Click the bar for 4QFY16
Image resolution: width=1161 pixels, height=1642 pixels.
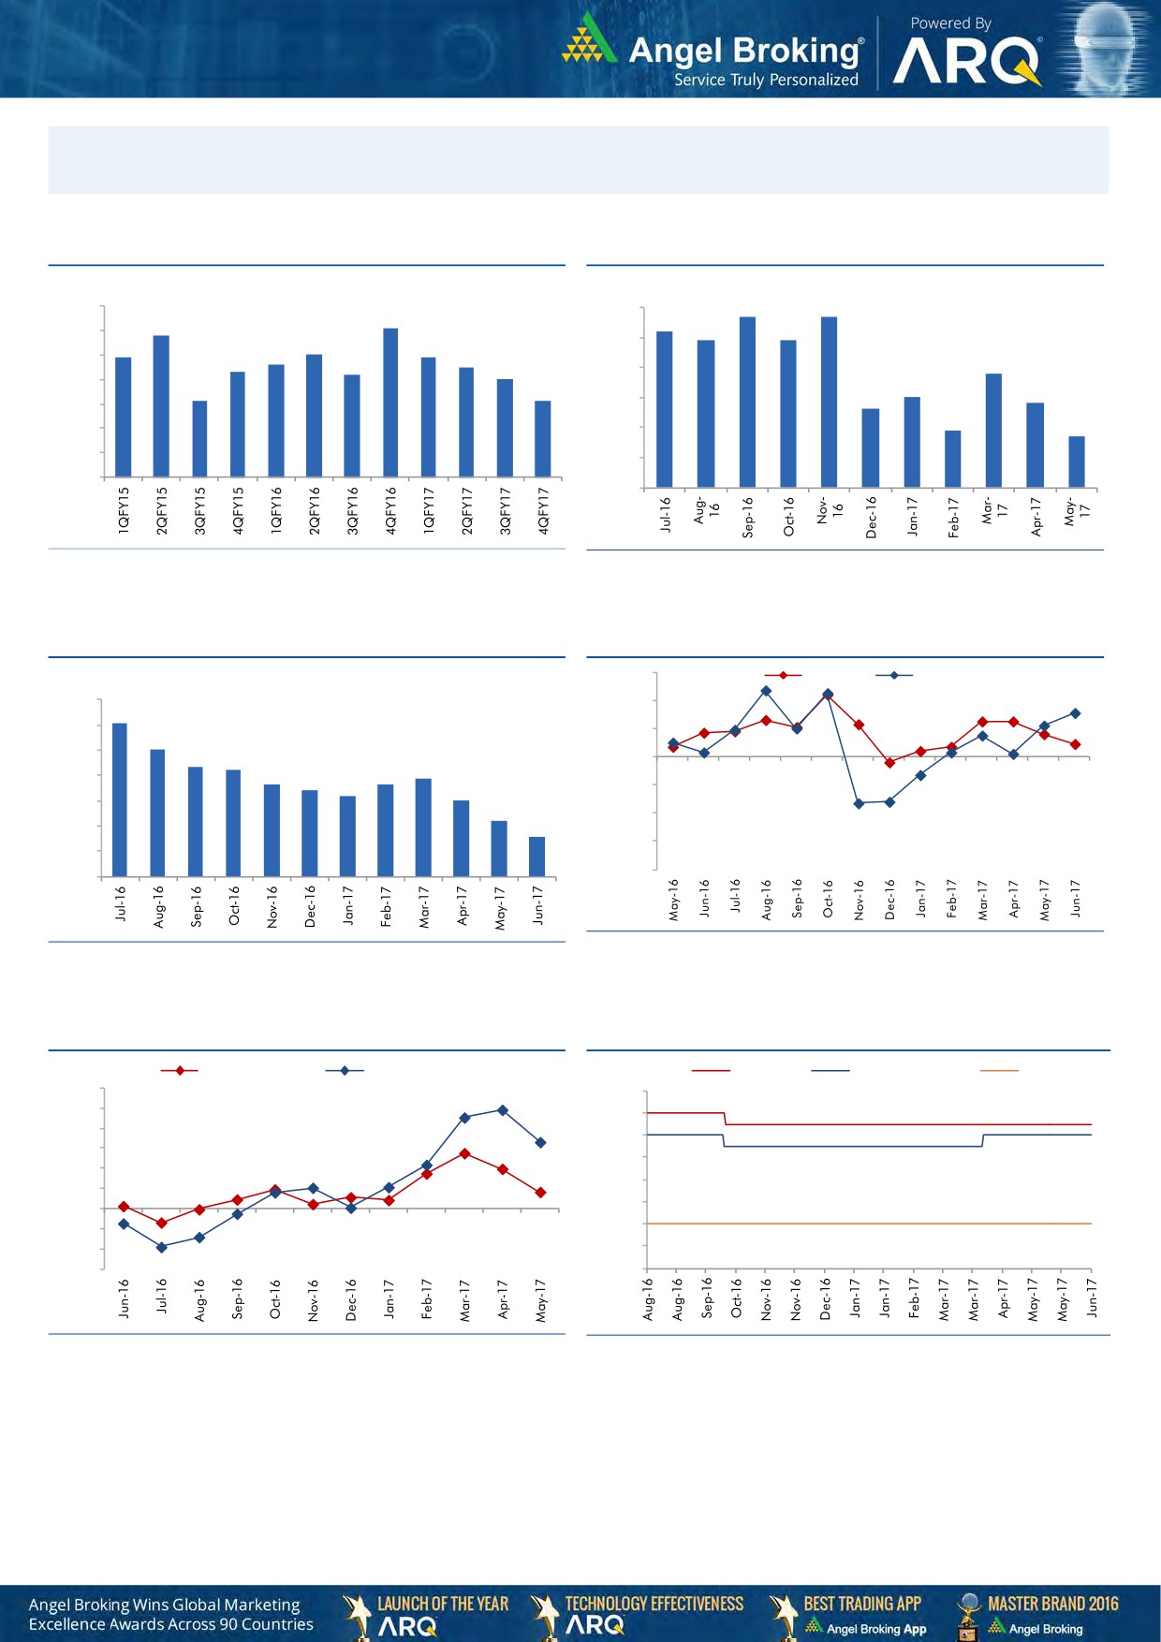click(390, 403)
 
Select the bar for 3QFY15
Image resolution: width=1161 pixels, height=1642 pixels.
click(199, 439)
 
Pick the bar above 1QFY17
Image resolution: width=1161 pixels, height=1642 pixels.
click(429, 417)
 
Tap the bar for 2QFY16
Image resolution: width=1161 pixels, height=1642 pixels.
click(315, 416)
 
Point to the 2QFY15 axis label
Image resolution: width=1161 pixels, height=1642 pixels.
click(162, 510)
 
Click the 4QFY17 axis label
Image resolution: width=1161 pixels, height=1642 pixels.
click(544, 510)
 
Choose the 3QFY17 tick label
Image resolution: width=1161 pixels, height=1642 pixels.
click(506, 510)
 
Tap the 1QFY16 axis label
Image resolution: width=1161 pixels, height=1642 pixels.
click(276, 510)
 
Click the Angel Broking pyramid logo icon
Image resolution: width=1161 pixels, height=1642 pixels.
click(589, 39)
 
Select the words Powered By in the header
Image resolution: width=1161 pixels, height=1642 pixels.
click(950, 23)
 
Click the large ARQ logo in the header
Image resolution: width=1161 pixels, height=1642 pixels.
click(966, 62)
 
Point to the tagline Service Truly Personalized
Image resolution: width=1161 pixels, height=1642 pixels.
click(766, 81)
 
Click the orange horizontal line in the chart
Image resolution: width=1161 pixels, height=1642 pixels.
click(868, 1224)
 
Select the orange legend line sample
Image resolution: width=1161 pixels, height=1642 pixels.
click(998, 1070)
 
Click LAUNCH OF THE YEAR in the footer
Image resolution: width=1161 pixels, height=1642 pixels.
click(442, 1604)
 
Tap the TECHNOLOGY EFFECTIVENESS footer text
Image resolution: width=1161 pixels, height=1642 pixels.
click(654, 1604)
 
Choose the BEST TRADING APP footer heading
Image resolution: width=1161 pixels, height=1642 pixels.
click(862, 1604)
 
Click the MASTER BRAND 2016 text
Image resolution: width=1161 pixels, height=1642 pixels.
click(1052, 1604)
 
